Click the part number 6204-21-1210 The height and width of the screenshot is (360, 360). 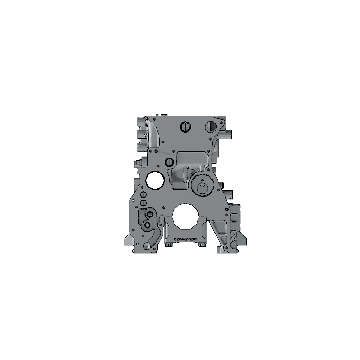[x=185, y=239]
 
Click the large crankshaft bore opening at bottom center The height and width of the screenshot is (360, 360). [x=185, y=216]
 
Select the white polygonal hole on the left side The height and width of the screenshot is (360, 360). [x=155, y=180]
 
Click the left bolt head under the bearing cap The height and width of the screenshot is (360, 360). [x=169, y=245]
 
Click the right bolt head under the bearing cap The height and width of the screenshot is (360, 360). [x=202, y=245]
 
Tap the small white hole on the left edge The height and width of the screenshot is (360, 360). [x=133, y=200]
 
